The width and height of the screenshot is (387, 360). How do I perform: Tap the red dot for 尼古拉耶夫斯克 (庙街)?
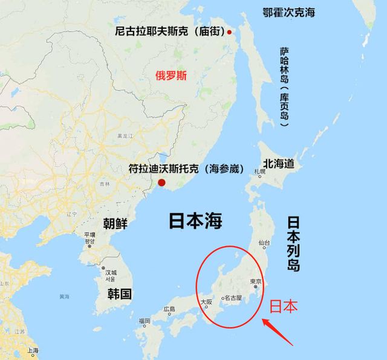tap(230, 33)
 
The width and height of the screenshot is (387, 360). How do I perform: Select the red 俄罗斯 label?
tap(171, 76)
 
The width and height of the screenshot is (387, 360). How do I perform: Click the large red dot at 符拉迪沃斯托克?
tap(161, 183)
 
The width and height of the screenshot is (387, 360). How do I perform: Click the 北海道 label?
tap(278, 163)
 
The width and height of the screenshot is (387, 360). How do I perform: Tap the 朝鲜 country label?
tap(115, 223)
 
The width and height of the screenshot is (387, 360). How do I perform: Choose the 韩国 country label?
tap(120, 294)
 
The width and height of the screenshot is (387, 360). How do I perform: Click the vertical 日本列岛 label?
tap(294, 243)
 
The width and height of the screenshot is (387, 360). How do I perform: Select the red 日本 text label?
tap(283, 306)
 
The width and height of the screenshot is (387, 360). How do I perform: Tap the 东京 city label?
tap(256, 282)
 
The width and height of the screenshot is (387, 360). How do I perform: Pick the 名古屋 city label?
tap(233, 298)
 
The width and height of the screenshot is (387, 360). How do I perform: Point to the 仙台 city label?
tap(263, 243)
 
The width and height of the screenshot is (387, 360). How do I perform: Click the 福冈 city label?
tap(144, 321)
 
